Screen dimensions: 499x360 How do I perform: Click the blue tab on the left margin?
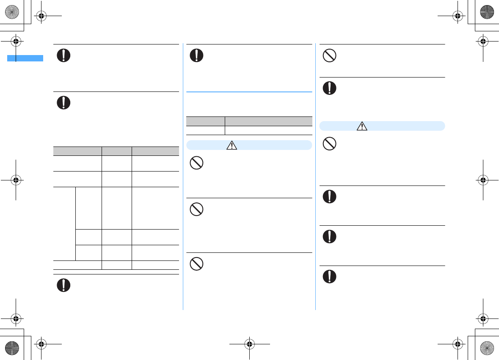(25, 58)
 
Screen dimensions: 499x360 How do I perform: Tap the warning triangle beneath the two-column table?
(232, 145)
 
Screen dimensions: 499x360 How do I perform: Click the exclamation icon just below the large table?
(63, 285)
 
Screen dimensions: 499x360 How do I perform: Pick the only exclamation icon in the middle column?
(196, 55)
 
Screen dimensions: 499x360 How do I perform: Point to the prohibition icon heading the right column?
(330, 55)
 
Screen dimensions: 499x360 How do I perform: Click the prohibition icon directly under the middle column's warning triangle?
(196, 163)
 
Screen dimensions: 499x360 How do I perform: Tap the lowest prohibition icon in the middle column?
(196, 264)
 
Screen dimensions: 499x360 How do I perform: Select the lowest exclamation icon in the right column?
(330, 277)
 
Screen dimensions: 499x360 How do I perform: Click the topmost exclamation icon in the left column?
(63, 55)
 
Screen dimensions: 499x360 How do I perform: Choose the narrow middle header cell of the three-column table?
(116, 150)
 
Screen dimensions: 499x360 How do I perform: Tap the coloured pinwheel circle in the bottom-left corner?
(11, 348)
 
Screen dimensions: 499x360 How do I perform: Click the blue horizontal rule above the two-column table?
(249, 91)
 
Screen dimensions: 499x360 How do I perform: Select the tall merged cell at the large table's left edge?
(64, 223)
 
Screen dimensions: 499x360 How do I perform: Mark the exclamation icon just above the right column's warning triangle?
(330, 88)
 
